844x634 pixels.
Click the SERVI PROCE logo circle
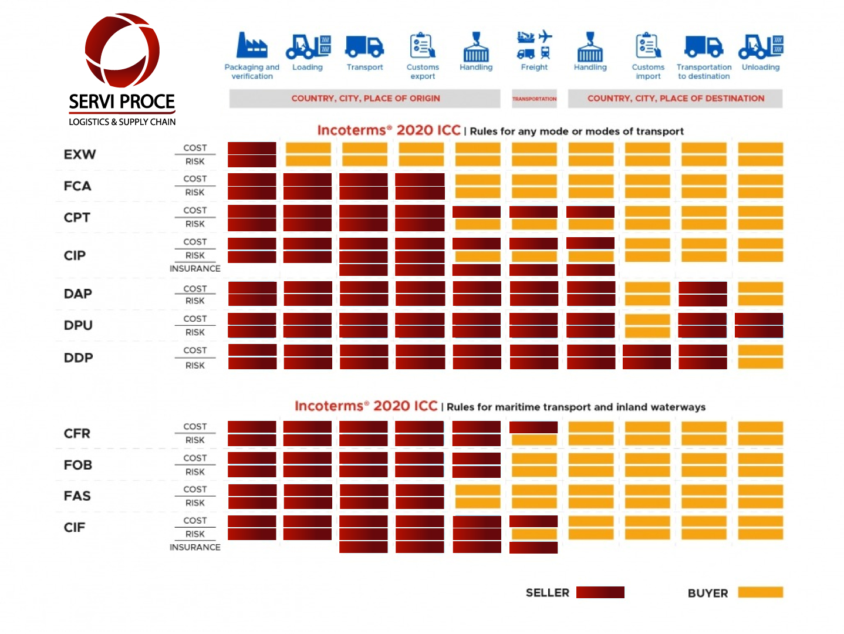[122, 50]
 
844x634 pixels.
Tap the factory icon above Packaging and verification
[252, 45]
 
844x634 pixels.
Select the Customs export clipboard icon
[423, 46]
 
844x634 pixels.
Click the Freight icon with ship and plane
[534, 45]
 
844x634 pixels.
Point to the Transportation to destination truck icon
[704, 46]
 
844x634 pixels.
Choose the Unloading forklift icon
[761, 46]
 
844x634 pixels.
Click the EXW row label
[80, 154]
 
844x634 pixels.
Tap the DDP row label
[79, 358]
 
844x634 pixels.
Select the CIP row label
[75, 255]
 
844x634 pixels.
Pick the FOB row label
[78, 465]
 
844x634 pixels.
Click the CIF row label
[75, 527]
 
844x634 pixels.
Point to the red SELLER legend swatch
[600, 592]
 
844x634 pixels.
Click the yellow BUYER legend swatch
[761, 592]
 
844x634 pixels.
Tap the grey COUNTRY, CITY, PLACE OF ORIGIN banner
[365, 99]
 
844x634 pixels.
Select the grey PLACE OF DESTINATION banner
[676, 99]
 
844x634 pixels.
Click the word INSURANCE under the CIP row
[195, 269]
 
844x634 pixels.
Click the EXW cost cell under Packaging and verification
[252, 148]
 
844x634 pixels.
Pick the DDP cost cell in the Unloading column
[761, 350]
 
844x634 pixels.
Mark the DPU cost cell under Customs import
[647, 319]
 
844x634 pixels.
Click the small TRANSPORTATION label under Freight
[534, 99]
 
